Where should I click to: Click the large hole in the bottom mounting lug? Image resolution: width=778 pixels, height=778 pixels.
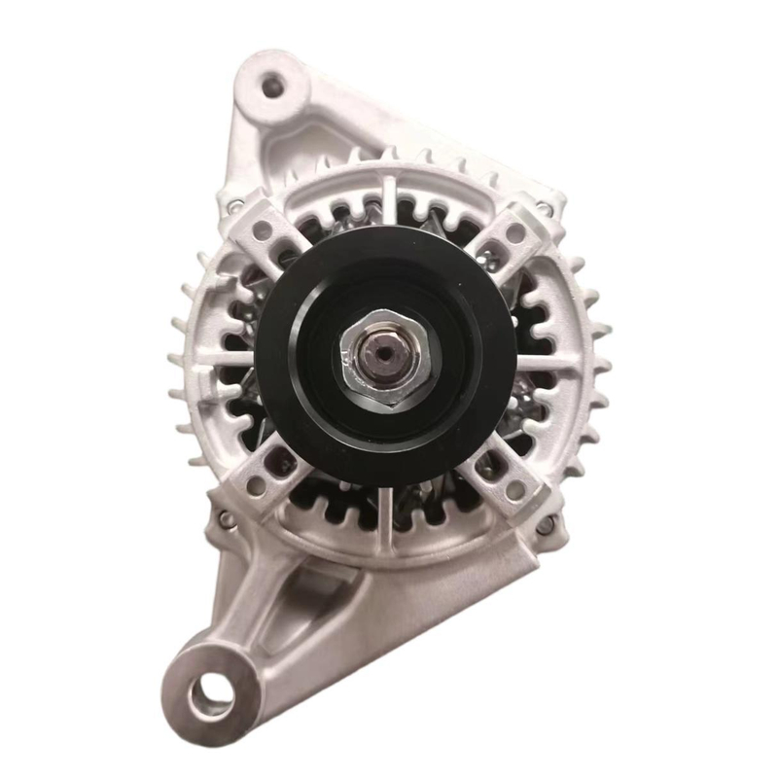[x=212, y=694]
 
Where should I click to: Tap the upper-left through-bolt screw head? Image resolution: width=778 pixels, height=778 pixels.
[x=234, y=205]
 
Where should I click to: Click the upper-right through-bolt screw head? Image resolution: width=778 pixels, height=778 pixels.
[x=548, y=207]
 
